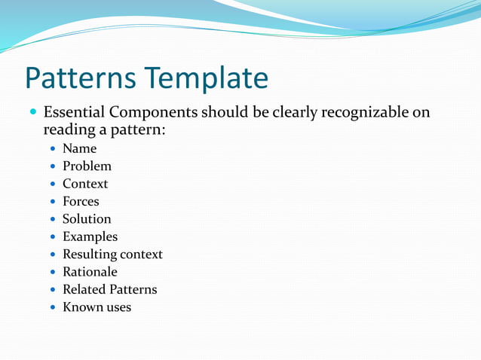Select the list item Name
click(79, 148)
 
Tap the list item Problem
click(87, 166)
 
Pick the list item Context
click(85, 184)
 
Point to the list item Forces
click(81, 201)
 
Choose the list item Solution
click(87, 219)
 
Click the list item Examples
click(90, 236)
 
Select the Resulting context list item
click(112, 255)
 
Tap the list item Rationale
click(90, 272)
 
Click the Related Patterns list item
click(109, 289)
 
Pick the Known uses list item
click(97, 307)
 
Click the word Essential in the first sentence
click(74, 113)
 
